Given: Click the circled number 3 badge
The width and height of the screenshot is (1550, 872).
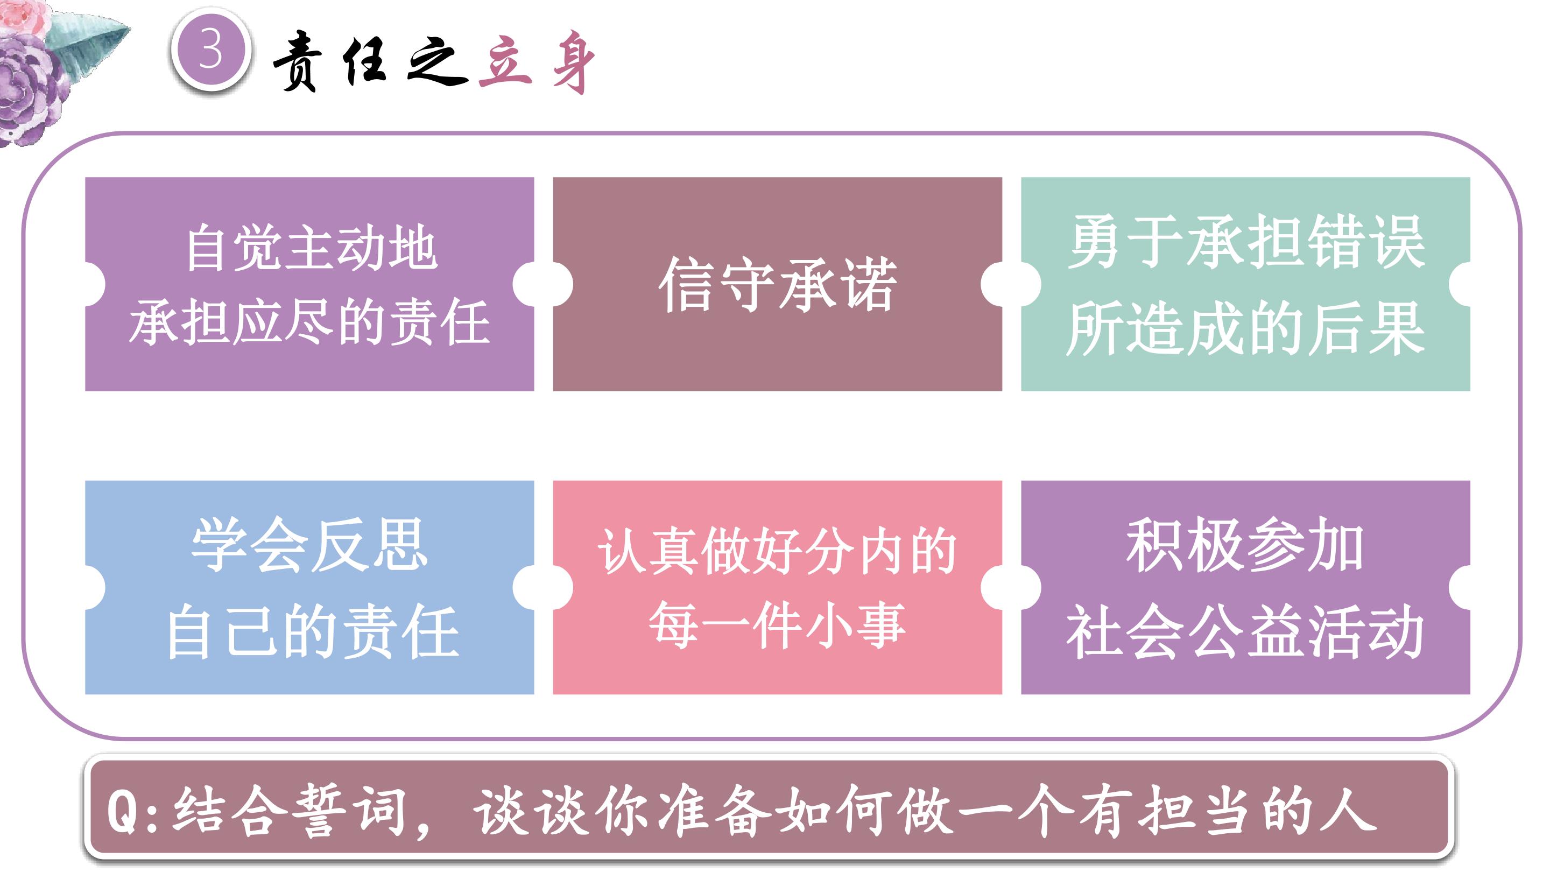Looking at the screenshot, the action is (x=210, y=51).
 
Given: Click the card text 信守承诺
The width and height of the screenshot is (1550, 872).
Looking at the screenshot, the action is (x=777, y=284).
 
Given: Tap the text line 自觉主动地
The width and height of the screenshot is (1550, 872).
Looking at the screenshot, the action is (x=311, y=248).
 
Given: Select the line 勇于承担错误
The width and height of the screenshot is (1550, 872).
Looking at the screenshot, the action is (x=1246, y=242).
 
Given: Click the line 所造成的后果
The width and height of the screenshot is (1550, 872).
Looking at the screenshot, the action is (x=1245, y=327).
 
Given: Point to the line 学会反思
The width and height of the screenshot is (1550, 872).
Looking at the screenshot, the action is (x=309, y=544).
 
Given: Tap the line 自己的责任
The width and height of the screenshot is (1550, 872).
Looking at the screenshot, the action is (x=312, y=632).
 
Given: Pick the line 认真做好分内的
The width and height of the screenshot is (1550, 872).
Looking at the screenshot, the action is (x=777, y=550).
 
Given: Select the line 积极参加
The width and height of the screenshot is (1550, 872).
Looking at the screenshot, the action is (x=1245, y=545).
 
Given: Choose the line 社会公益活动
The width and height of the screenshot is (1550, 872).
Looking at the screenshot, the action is (x=1245, y=632).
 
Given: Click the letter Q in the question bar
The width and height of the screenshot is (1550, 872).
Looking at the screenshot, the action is (x=123, y=811).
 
